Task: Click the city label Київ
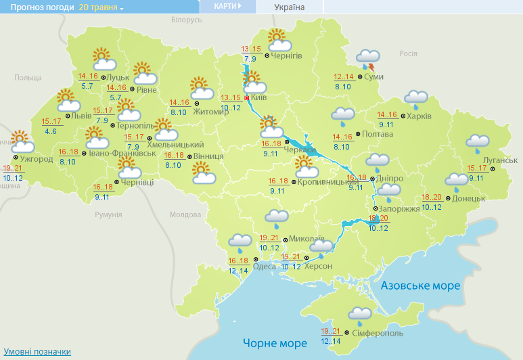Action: [x=258, y=98]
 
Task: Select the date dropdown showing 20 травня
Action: [x=101, y=7]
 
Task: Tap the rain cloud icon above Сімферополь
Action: [x=359, y=315]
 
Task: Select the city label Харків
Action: [x=419, y=116]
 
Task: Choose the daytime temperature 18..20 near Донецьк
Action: [x=432, y=197]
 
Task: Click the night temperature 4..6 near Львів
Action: [x=50, y=131]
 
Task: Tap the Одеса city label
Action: [x=264, y=266]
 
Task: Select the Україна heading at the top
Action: [x=290, y=7]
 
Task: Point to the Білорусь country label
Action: [x=187, y=20]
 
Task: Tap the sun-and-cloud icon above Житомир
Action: [x=201, y=87]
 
